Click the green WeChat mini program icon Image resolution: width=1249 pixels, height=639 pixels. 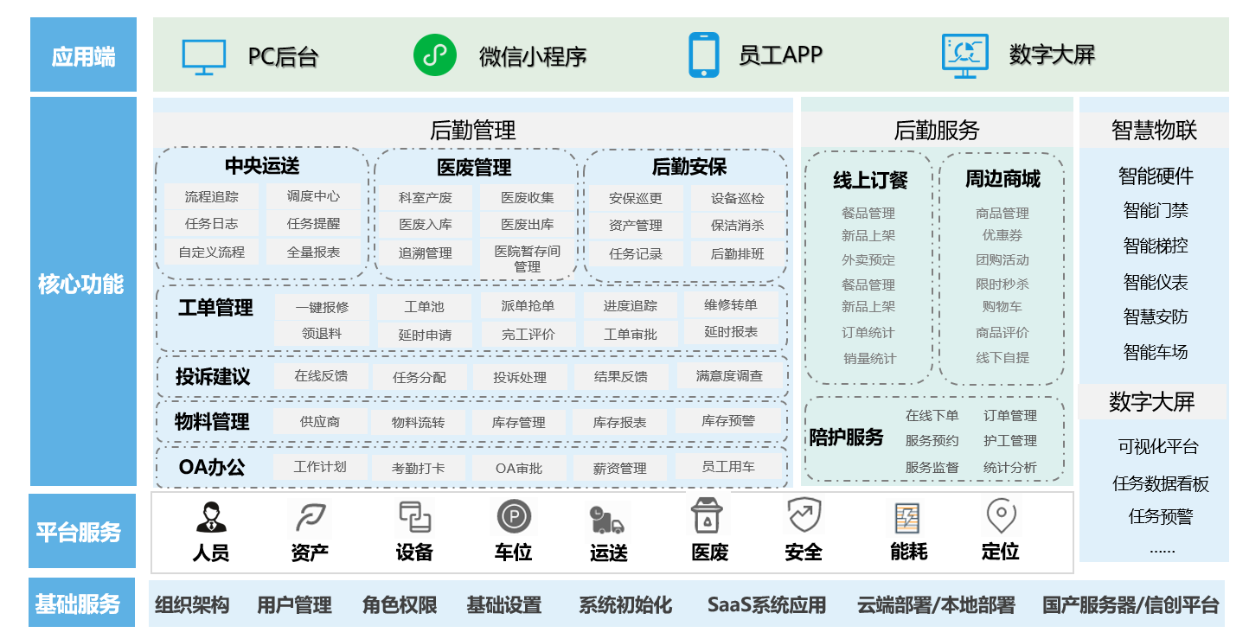coord(434,55)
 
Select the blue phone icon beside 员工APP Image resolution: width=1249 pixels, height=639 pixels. coord(703,55)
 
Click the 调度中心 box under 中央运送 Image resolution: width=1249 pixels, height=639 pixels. coord(313,196)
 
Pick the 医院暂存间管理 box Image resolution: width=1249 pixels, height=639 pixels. coord(528,259)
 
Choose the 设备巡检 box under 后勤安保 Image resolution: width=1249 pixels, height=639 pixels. coord(737,198)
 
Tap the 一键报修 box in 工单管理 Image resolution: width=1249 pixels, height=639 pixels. coord(322,307)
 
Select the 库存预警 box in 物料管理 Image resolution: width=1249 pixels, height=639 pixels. coord(727,421)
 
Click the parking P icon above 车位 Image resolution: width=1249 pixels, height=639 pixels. coord(513,517)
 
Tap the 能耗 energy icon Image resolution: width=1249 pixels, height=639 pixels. coord(907,517)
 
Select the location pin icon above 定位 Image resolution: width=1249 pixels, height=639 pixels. coord(1001,515)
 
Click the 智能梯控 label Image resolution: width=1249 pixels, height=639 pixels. coord(1155,246)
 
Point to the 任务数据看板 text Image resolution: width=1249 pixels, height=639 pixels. coord(1160,483)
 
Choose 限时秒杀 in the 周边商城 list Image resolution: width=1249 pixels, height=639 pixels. coord(1002,284)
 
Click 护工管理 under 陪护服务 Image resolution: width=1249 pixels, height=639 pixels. coord(1009,441)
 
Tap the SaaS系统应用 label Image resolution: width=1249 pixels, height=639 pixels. coord(765,604)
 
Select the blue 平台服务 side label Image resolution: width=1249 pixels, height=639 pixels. coord(82,532)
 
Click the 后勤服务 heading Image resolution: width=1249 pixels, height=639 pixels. coord(936,131)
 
